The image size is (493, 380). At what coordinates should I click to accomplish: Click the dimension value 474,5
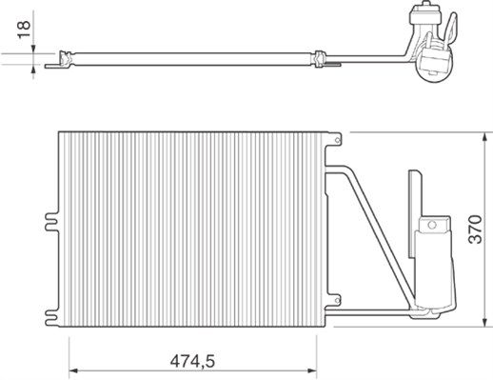click(192, 362)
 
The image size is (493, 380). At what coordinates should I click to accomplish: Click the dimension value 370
click(475, 230)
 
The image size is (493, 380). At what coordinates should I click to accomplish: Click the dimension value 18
click(24, 30)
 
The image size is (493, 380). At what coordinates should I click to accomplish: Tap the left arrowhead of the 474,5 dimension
click(73, 370)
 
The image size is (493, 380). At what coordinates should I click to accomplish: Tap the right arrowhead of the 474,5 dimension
click(312, 370)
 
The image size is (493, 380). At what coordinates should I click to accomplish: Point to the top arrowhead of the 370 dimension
click(484, 138)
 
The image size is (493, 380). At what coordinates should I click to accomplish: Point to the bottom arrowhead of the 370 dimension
click(484, 322)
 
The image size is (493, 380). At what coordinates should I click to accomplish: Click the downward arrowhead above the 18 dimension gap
click(33, 49)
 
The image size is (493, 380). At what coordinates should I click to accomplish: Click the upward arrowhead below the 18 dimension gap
click(33, 69)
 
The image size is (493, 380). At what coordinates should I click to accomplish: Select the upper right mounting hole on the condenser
click(338, 139)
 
